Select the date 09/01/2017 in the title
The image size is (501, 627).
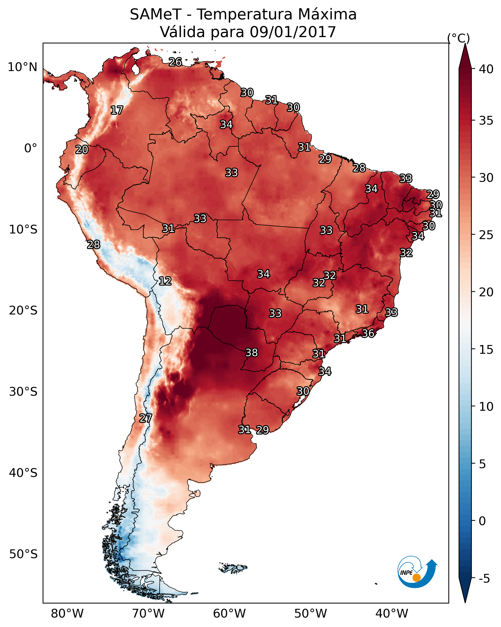coord(293,32)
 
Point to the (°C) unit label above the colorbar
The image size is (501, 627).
coord(458,38)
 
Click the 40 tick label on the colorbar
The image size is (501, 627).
coord(486,69)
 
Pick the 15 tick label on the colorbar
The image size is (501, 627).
coord(486,350)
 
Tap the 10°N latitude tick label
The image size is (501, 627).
coord(22,67)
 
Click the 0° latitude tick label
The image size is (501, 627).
coord(31,148)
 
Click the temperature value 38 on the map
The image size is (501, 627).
coord(252,353)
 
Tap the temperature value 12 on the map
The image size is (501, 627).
coord(165,281)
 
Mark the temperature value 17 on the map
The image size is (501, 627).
coord(117,110)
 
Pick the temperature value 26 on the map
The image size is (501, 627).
coord(175,62)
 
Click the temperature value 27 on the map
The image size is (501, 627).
coord(145,418)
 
